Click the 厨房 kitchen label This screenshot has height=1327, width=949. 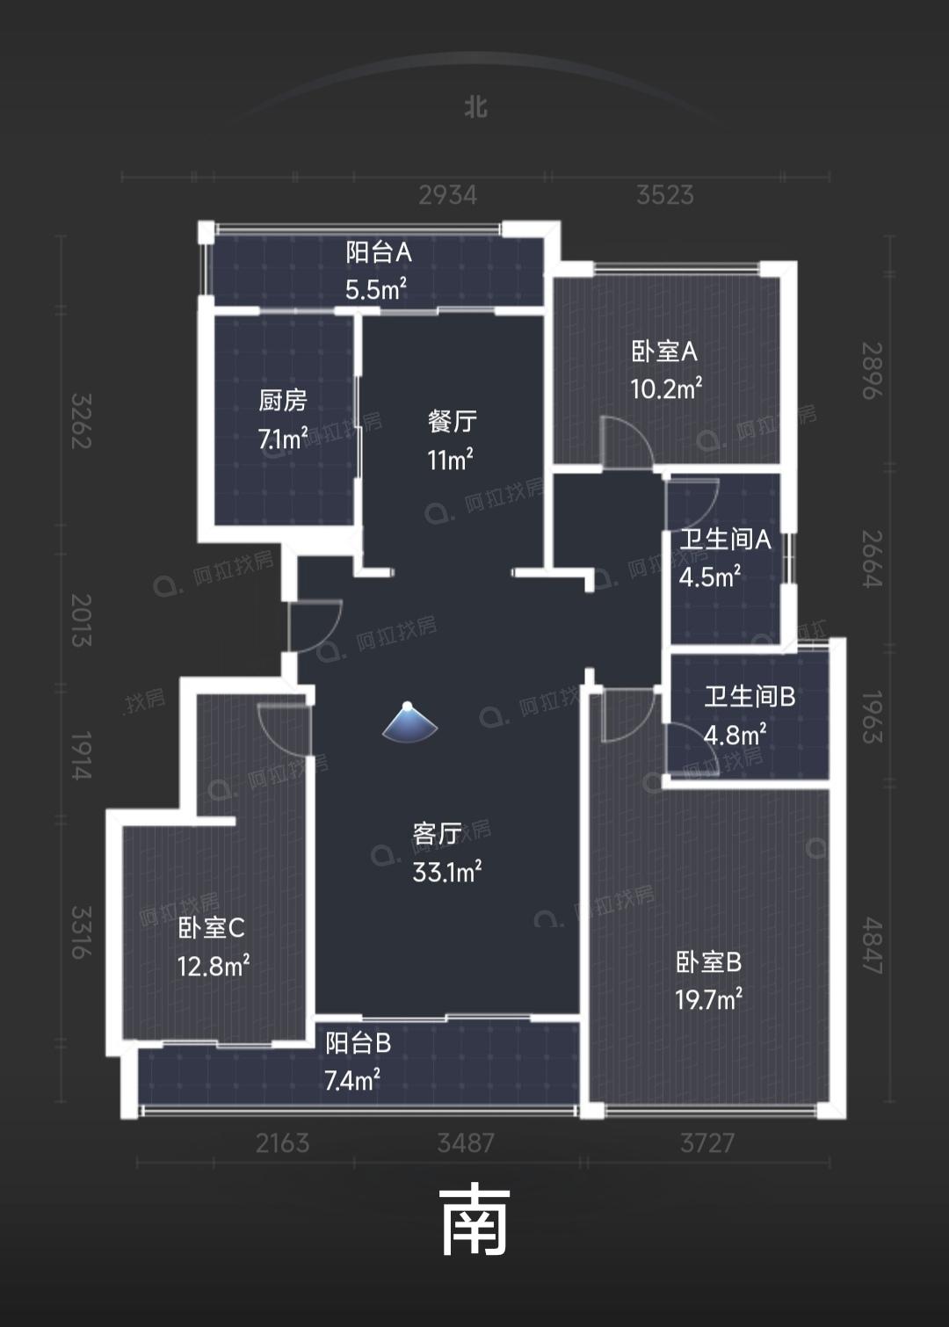click(x=283, y=401)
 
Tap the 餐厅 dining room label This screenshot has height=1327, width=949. click(x=452, y=422)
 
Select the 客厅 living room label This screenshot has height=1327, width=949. click(x=437, y=833)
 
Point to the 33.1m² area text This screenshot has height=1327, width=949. click(x=447, y=872)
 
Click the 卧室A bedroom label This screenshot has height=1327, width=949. click(x=664, y=352)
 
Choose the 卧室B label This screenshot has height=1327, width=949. click(x=708, y=962)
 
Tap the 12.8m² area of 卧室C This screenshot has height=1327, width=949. click(x=214, y=967)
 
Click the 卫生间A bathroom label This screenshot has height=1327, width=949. click(x=725, y=540)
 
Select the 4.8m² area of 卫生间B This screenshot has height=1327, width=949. click(x=735, y=735)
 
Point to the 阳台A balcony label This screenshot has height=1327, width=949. click(x=379, y=253)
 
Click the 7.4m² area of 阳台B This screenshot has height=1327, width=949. click(x=352, y=1080)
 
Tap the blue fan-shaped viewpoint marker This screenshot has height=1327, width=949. click(x=409, y=722)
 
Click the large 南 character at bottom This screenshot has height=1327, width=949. click(x=474, y=1221)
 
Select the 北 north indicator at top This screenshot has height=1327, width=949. click(x=475, y=107)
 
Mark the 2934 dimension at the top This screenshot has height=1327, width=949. click(x=447, y=194)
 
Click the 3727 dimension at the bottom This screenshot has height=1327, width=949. click(x=707, y=1143)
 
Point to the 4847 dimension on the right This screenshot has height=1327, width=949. click(x=872, y=946)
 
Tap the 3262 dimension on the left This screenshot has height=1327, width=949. click(x=81, y=421)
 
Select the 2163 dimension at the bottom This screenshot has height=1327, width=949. click(x=282, y=1143)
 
